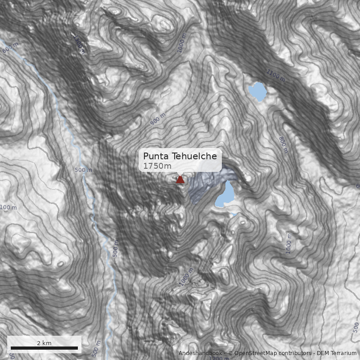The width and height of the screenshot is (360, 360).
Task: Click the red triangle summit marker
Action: pyautogui.click(x=180, y=180)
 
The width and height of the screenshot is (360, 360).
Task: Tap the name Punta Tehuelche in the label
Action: pyautogui.click(x=180, y=156)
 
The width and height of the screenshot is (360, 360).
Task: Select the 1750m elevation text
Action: pyautogui.click(x=157, y=166)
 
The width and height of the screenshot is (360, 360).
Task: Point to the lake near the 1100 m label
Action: pyautogui.click(x=257, y=91)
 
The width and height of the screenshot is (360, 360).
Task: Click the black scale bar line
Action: pyautogui.click(x=44, y=348)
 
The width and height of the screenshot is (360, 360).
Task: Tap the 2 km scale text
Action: pyautogui.click(x=44, y=343)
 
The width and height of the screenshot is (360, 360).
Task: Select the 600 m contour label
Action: pyautogui.click(x=9, y=47)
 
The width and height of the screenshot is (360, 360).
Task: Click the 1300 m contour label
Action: pyautogui.click(x=79, y=45)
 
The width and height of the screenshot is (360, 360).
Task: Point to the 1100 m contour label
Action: pyautogui.click(x=275, y=75)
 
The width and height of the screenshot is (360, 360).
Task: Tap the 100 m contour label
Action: pyautogui.click(x=8, y=207)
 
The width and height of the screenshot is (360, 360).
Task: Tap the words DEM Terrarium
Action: pyautogui.click(x=337, y=353)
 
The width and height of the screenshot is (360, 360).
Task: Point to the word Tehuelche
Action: pyautogui.click(x=198, y=156)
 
